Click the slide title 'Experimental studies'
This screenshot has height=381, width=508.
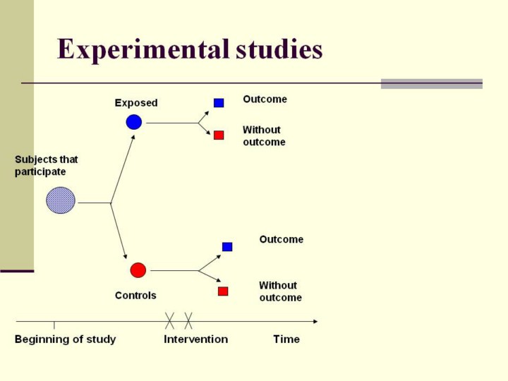point(190,50)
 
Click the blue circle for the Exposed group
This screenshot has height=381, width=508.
point(134,122)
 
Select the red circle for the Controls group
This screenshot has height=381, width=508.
point(138,270)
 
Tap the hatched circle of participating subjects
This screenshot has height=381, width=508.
point(61,200)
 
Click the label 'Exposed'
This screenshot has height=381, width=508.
point(136,103)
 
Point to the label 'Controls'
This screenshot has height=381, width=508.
point(135,296)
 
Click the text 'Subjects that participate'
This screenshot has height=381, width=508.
point(47,166)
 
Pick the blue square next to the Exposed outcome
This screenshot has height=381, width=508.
point(219,103)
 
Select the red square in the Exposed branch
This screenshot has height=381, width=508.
point(219,135)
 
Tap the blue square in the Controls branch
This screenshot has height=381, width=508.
point(227,247)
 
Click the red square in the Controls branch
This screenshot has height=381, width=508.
point(223,291)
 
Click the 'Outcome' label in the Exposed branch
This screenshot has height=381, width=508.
point(265,99)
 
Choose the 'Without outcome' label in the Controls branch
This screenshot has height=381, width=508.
point(280,291)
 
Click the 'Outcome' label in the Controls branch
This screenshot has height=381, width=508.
point(281,240)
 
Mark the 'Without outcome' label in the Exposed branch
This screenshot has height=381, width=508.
point(264,136)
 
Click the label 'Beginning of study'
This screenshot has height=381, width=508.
point(65,339)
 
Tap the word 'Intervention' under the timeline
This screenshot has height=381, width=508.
point(195,339)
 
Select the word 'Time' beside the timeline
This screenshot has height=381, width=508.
point(286,339)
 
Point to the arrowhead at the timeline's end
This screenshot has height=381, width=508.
point(315,322)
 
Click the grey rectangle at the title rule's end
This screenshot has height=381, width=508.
point(431,83)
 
